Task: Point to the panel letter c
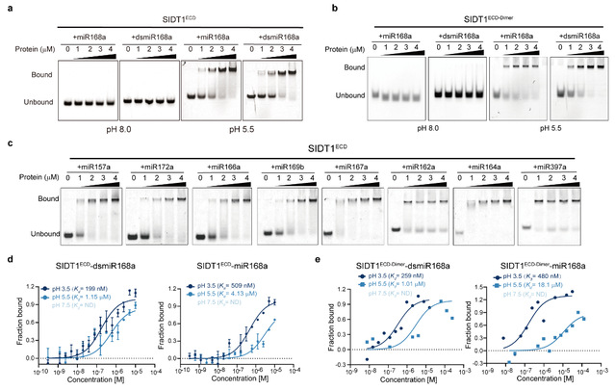[x=7, y=142]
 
